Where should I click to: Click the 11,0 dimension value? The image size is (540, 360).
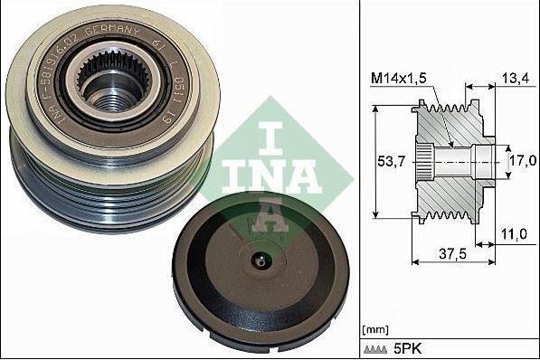click(513, 232)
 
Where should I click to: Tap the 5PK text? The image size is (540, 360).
click(407, 347)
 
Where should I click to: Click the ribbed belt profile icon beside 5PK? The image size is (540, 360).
click(376, 347)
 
